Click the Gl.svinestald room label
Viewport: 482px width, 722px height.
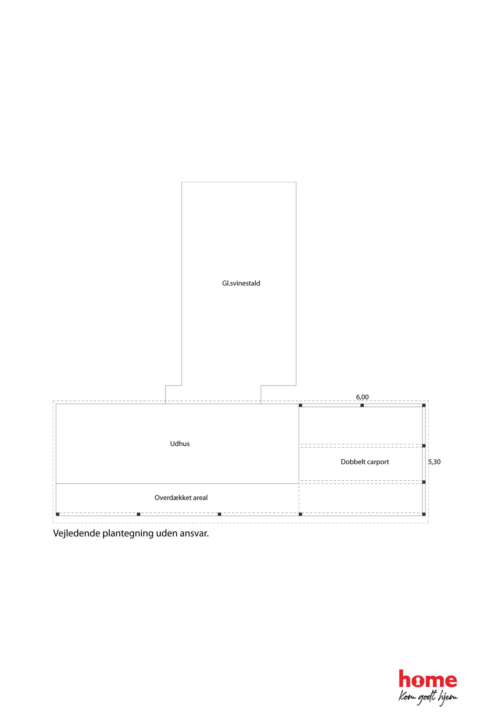tap(241, 283)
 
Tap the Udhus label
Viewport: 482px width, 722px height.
tap(180, 444)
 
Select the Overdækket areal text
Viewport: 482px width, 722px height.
tap(181, 498)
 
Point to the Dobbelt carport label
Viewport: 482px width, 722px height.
tap(365, 462)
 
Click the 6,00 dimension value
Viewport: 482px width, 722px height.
tap(362, 397)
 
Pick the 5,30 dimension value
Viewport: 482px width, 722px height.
tap(434, 462)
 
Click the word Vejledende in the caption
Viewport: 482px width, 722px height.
tap(77, 534)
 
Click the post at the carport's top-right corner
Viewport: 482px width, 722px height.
tap(424, 405)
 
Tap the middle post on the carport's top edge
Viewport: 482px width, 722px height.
tap(362, 405)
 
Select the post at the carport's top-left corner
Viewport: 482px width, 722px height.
tap(300, 405)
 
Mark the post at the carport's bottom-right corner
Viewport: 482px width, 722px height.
tap(424, 514)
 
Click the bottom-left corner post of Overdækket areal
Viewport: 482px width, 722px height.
tap(57, 514)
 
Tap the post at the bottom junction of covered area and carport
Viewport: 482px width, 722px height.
tap(300, 514)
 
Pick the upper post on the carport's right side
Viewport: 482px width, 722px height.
tap(424, 446)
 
